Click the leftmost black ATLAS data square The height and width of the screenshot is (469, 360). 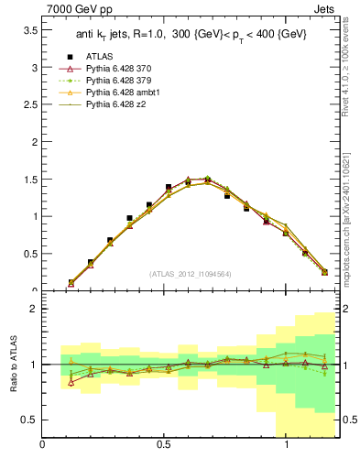click(x=71, y=282)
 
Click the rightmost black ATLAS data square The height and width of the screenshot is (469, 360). click(x=325, y=271)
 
